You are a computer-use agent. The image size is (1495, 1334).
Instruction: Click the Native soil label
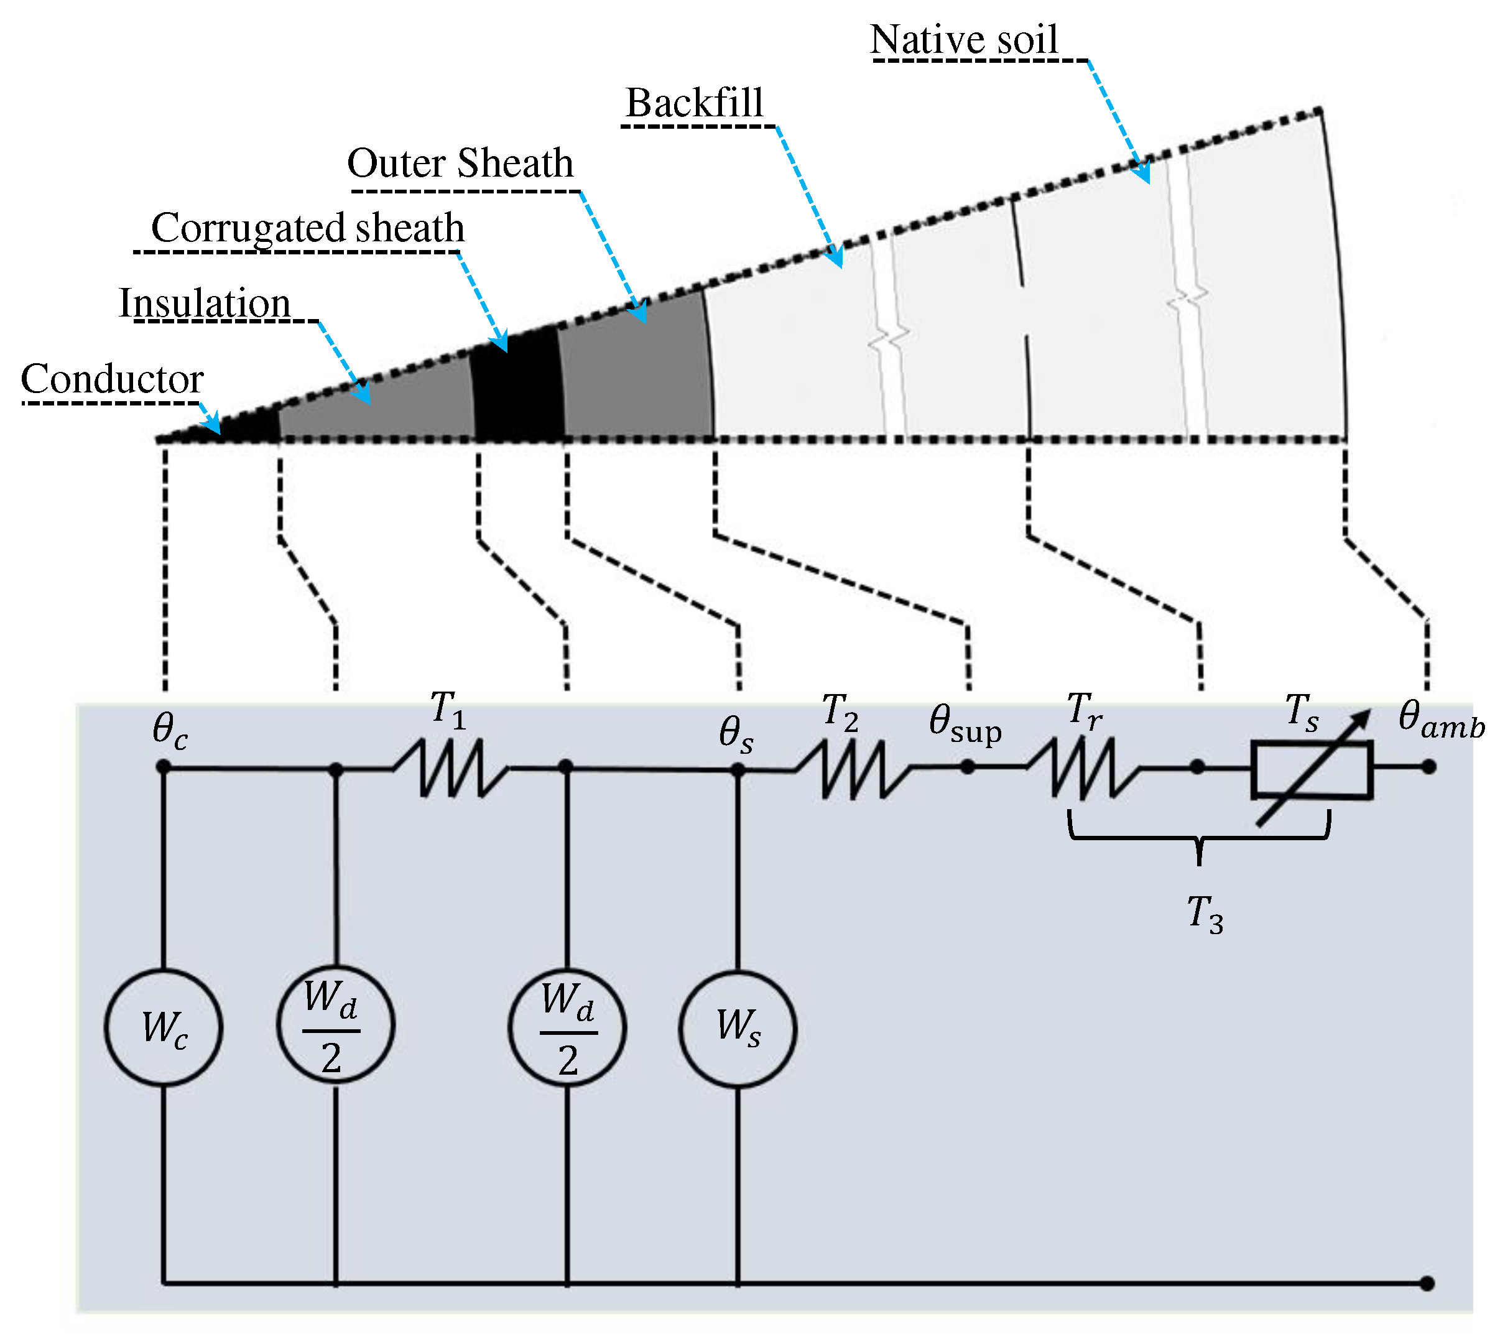click(964, 40)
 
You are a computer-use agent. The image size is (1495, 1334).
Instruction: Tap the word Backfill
click(694, 103)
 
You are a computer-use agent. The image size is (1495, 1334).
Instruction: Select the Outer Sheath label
click(460, 163)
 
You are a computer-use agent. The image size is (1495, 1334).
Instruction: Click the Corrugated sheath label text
click(308, 228)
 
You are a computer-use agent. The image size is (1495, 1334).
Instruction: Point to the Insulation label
click(205, 303)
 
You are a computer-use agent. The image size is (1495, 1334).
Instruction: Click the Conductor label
click(112, 379)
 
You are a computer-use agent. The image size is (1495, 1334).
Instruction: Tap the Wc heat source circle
click(164, 1027)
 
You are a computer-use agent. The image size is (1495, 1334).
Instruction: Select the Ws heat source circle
click(738, 1027)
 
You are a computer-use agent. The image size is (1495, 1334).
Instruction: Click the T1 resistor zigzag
click(451, 767)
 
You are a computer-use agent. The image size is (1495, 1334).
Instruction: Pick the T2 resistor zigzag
click(853, 768)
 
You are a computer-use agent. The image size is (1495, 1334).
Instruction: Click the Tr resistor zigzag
click(1083, 767)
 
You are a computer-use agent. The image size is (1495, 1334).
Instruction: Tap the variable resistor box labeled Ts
click(1312, 770)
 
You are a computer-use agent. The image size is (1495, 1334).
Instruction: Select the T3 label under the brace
click(1205, 914)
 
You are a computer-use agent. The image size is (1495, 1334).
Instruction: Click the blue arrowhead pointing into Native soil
click(1142, 174)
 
